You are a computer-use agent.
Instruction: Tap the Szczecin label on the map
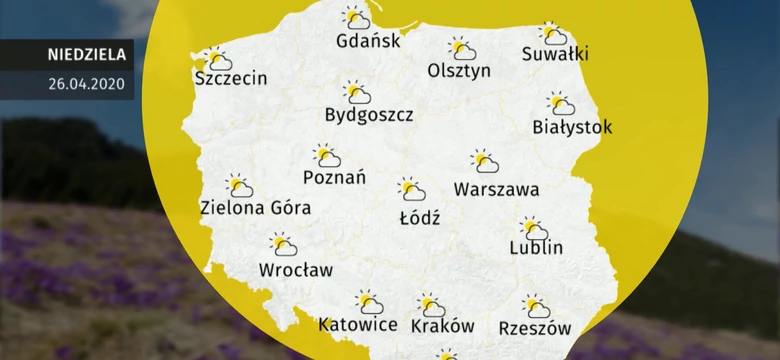pyautogui.click(x=232, y=78)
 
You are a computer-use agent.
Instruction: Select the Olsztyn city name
pyautogui.click(x=459, y=71)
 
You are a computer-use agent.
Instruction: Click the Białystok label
pyautogui.click(x=572, y=127)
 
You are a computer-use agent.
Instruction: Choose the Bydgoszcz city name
pyautogui.click(x=369, y=115)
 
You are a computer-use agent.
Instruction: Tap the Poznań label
pyautogui.click(x=334, y=177)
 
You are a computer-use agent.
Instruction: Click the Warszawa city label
pyautogui.click(x=496, y=188)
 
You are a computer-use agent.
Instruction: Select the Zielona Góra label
pyautogui.click(x=255, y=208)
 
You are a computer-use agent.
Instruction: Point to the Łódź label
pyautogui.click(x=418, y=216)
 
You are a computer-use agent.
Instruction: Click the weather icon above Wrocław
pyautogui.click(x=284, y=244)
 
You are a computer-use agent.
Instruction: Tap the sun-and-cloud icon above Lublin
pyautogui.click(x=534, y=228)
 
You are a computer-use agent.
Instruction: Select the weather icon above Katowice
pyautogui.click(x=370, y=301)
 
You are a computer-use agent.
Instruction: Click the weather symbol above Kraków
pyautogui.click(x=431, y=304)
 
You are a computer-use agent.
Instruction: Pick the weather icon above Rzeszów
pyautogui.click(x=537, y=306)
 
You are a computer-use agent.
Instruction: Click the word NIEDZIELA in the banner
pyautogui.click(x=85, y=54)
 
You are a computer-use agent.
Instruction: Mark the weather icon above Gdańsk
pyautogui.click(x=356, y=17)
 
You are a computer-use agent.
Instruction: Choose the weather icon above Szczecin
pyautogui.click(x=216, y=59)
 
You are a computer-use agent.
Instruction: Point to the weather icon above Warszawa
pyautogui.click(x=485, y=161)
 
